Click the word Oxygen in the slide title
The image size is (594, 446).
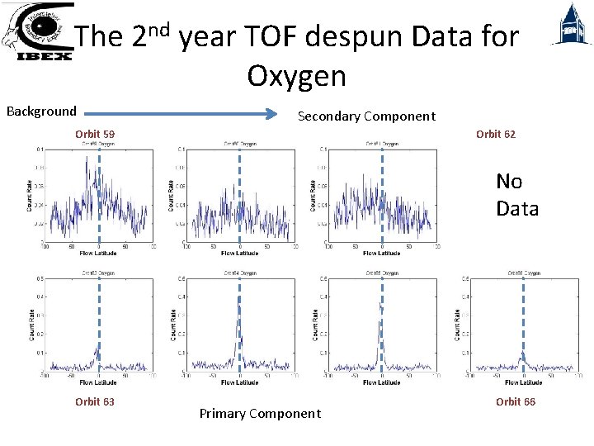point(296,76)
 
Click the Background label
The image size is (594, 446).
point(41,111)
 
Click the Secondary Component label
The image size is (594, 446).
point(366,116)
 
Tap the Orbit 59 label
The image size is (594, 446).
point(95,134)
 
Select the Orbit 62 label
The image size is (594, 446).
point(496,134)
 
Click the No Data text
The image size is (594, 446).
point(516,195)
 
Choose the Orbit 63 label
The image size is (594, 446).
point(95,402)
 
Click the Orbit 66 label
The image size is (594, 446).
point(515,402)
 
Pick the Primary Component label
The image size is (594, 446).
point(260,414)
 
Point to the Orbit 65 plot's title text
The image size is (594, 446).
point(379,272)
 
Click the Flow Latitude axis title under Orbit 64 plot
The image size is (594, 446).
point(239,382)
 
